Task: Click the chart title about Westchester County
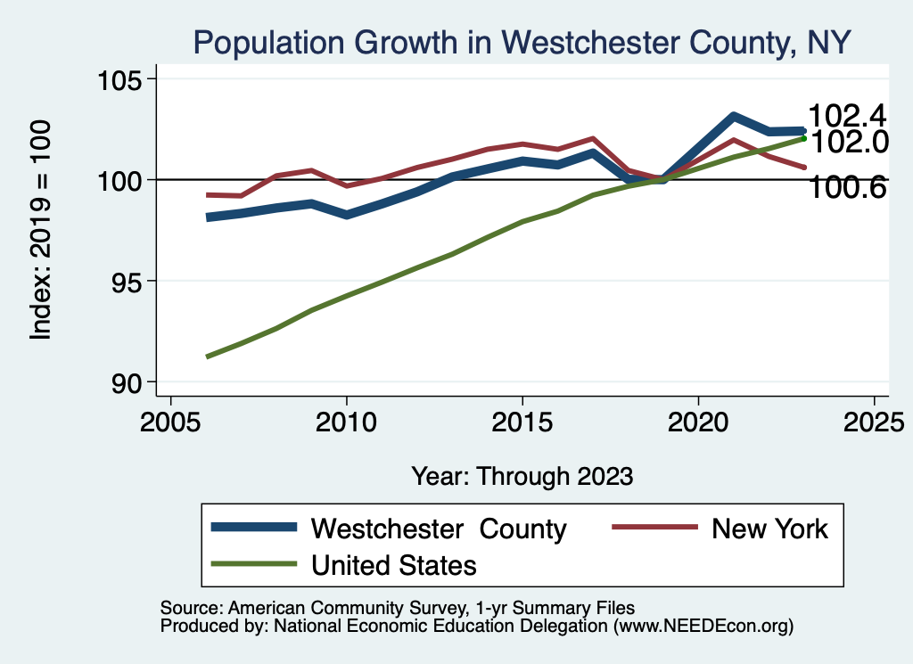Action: pos(522,41)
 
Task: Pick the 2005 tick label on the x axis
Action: pos(170,422)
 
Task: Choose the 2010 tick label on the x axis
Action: pos(346,422)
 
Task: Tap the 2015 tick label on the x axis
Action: pos(522,422)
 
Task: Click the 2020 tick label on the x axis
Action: pos(698,422)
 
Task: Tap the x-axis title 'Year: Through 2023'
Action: pos(522,476)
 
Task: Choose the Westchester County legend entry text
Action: pos(438,529)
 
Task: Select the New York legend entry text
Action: pos(769,529)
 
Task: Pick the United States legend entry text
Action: pos(393,564)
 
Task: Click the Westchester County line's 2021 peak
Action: pos(733,116)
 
